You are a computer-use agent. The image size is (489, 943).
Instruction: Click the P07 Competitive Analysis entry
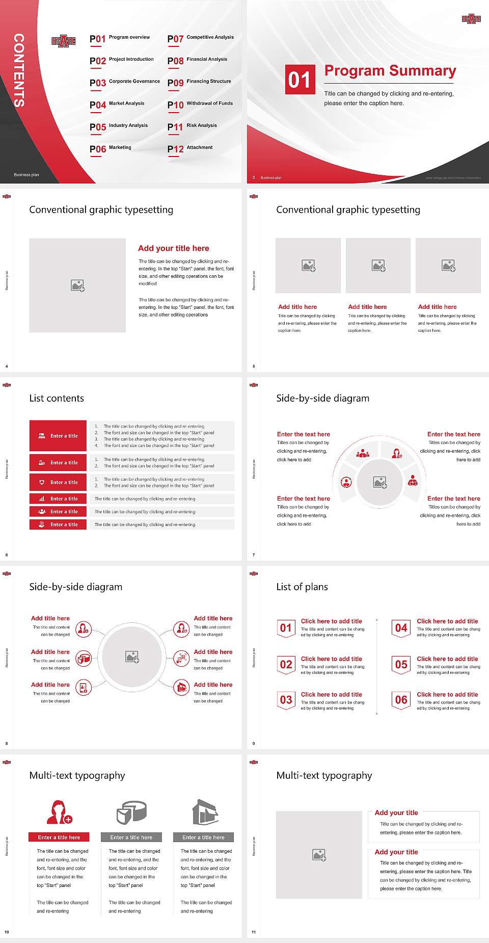click(x=200, y=38)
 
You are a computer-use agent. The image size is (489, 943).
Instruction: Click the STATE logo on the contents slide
click(x=64, y=41)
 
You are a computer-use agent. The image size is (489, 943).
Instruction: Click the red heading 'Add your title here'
click(x=173, y=248)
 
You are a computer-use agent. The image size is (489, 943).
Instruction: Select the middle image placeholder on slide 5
click(x=378, y=266)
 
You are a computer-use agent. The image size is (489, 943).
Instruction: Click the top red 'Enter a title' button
click(x=58, y=436)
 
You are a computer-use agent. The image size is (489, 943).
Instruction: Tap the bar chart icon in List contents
click(x=42, y=499)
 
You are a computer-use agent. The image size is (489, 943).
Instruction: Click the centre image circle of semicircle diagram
click(x=379, y=482)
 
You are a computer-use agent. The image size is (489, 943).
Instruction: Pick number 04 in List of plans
click(x=401, y=628)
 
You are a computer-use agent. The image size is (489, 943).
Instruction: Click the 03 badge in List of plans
click(x=286, y=700)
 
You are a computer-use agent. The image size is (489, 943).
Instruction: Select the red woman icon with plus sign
click(x=59, y=813)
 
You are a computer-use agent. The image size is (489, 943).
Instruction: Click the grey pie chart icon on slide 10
click(x=131, y=812)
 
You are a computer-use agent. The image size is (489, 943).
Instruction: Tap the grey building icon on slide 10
click(x=205, y=812)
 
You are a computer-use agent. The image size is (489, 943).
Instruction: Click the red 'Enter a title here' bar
click(x=59, y=837)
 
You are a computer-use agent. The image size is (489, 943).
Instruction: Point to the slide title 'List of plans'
click(x=302, y=587)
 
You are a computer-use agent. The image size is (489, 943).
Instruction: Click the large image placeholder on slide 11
click(x=319, y=855)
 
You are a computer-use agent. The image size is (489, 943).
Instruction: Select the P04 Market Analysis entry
click(x=117, y=104)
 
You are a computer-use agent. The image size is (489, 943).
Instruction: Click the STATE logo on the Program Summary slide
click(x=471, y=19)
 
